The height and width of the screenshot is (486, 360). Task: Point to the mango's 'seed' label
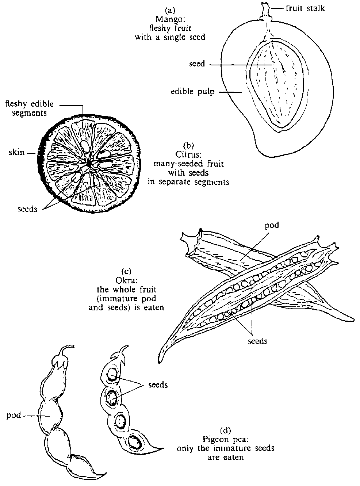[x=197, y=64]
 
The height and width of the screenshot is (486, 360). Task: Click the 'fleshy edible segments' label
[x=29, y=108]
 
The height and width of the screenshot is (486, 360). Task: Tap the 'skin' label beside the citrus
[x=16, y=152]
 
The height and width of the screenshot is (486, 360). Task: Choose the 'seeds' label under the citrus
[x=27, y=209]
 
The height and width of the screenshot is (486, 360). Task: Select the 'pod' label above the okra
[x=271, y=225]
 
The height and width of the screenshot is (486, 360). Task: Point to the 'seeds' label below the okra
[x=257, y=341]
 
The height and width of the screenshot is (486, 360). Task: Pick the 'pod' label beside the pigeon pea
[x=14, y=416]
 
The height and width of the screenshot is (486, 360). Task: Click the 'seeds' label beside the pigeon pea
[x=158, y=385]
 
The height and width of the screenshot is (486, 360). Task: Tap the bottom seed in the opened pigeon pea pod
[x=136, y=442]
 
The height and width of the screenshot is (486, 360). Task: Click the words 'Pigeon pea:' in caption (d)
[x=225, y=439]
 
